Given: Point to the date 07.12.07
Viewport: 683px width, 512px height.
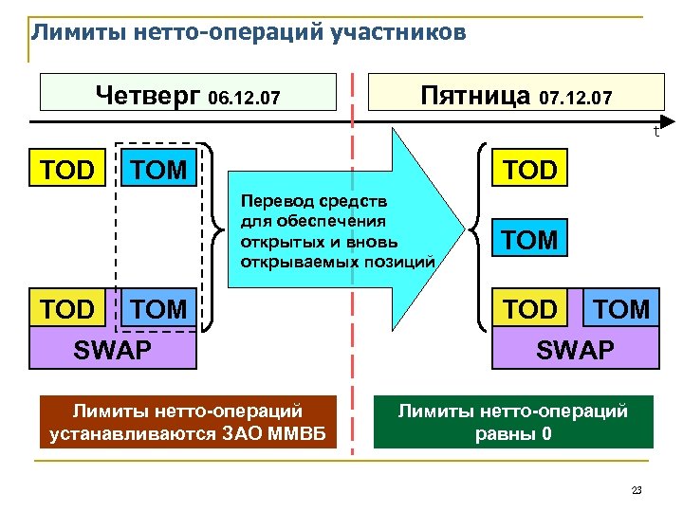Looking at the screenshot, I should pyautogui.click(x=576, y=99).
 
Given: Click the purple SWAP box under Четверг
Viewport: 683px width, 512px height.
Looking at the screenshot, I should pyautogui.click(x=113, y=349).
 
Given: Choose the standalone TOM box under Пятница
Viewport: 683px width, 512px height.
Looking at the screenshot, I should pyautogui.click(x=531, y=240).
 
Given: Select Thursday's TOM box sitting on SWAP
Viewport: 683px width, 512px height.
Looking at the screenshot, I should pyautogui.click(x=158, y=309).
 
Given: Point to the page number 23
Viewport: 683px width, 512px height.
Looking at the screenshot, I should pyautogui.click(x=637, y=490).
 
